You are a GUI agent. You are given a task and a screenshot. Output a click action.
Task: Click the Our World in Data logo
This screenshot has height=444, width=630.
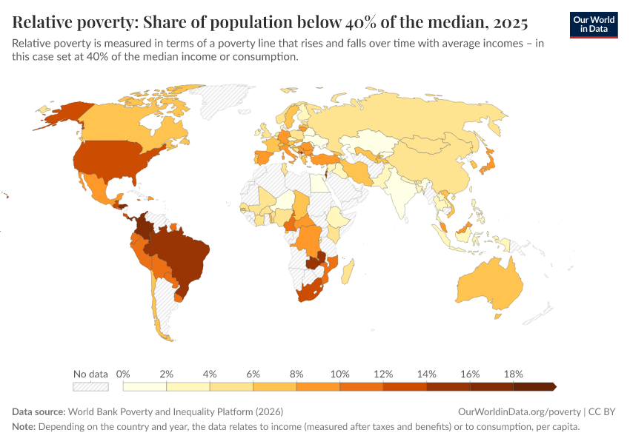(593, 24)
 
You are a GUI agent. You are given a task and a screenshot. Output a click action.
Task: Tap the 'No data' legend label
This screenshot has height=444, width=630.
(90, 374)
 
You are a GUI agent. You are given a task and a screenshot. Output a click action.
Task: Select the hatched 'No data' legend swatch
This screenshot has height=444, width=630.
(90, 386)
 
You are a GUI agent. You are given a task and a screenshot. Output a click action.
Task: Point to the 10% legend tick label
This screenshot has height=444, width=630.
(339, 374)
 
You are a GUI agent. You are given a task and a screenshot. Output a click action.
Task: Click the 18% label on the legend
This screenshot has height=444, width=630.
(513, 374)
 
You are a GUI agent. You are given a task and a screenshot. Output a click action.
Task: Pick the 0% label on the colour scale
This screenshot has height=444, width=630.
(124, 374)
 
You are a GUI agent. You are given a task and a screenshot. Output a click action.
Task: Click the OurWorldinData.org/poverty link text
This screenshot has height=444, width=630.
(520, 411)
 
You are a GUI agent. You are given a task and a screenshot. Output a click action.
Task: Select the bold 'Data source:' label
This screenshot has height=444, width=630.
(39, 411)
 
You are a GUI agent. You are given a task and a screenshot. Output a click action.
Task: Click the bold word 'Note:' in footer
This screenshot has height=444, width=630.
(24, 427)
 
